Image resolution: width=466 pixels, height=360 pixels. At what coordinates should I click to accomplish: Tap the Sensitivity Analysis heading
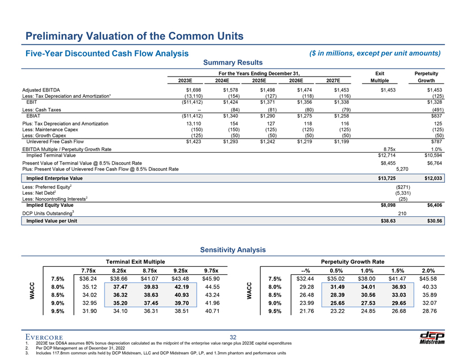click(233, 249)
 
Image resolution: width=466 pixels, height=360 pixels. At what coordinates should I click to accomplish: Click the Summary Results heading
click(233, 62)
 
